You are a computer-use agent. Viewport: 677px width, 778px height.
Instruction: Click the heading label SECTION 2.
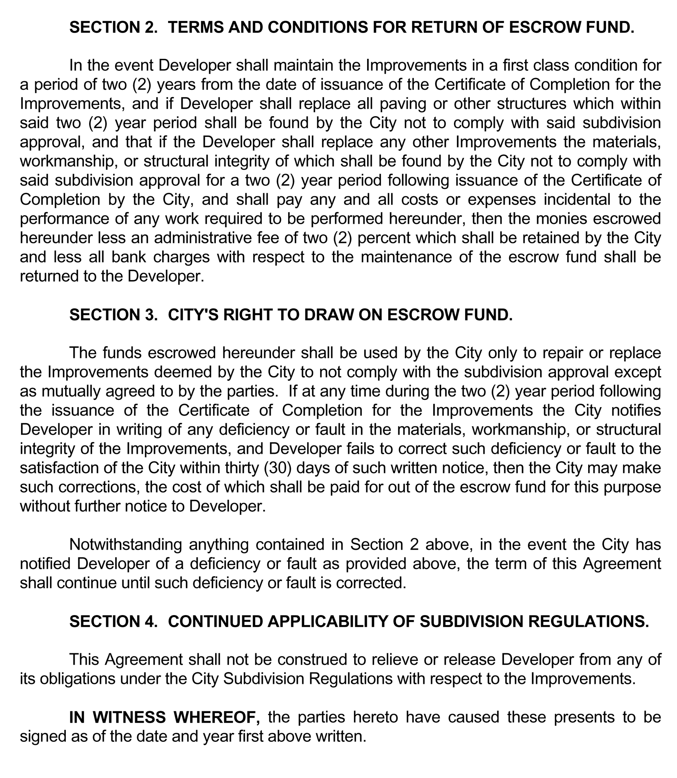pos(113,27)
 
